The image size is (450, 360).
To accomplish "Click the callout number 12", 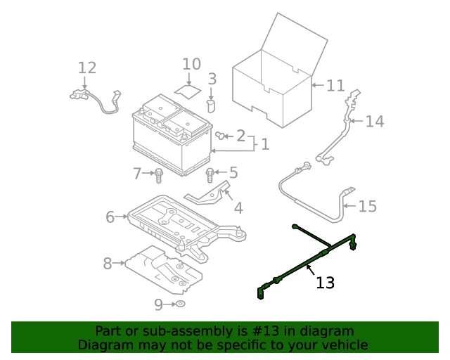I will pos(86,68).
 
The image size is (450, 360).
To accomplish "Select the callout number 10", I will pos(191,65).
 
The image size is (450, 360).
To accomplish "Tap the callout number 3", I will pos(212,79).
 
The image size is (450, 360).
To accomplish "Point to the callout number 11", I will pos(335,86).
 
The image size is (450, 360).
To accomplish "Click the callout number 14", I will pos(374,122).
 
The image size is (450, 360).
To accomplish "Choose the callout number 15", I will pos(367,207).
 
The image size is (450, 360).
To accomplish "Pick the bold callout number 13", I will pos(325,283).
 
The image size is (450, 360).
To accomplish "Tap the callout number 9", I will pos(158,304).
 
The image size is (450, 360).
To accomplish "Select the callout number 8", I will pos(108,264).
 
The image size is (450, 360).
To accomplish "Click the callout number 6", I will pos(110,217).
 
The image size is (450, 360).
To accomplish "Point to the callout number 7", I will pos(138,172).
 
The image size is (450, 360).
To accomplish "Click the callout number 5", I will pos(233,172).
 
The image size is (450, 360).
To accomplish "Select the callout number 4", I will pos(238,208).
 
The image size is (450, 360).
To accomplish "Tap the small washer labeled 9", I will pos(179,304).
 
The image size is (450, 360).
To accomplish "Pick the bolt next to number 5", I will pos(210,173).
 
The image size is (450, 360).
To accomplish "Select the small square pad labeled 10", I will pos(187,91).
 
